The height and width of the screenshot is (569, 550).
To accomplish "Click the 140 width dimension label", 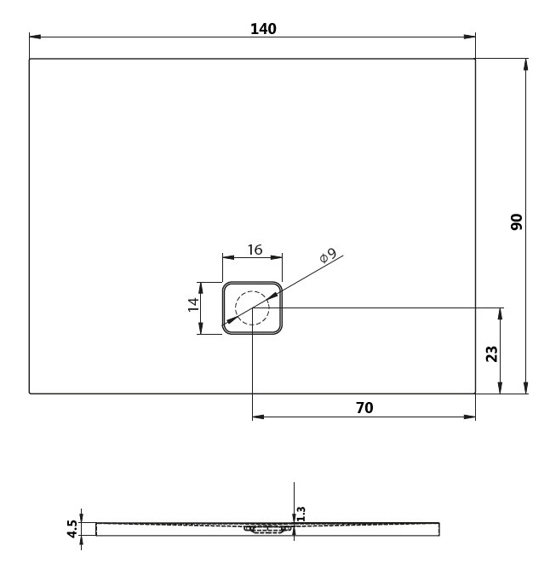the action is [x=263, y=29].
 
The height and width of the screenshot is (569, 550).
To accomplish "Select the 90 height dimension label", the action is [x=516, y=221].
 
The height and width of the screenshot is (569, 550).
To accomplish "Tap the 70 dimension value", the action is [x=364, y=408].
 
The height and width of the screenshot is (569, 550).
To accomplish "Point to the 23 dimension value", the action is [x=491, y=353].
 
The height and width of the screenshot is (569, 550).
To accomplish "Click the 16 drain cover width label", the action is [x=255, y=250].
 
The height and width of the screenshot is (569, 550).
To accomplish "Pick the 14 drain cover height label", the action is [x=193, y=304].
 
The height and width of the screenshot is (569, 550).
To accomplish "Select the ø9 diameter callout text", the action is [x=328, y=255].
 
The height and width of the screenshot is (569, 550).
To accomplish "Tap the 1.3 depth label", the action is [x=301, y=514].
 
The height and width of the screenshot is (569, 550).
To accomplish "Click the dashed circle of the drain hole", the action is [x=235, y=307].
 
